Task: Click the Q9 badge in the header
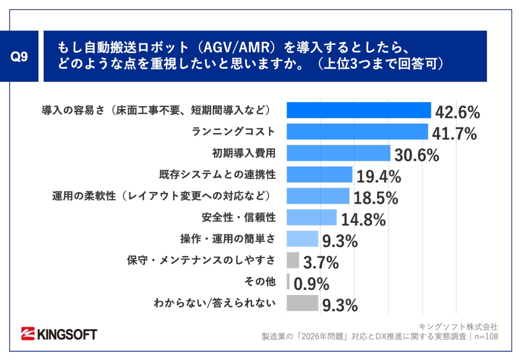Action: (x=19, y=56)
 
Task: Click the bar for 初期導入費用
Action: (x=338, y=153)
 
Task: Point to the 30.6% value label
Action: (x=416, y=155)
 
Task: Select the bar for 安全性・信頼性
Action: (x=311, y=217)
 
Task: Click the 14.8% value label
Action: (x=362, y=220)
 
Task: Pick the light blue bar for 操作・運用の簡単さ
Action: (x=302, y=239)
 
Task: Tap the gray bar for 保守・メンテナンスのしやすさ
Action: (x=292, y=260)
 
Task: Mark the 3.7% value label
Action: (x=321, y=263)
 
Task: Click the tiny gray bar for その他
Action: (x=288, y=281)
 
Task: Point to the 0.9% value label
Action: (x=311, y=284)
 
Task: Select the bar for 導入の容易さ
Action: (x=359, y=110)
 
